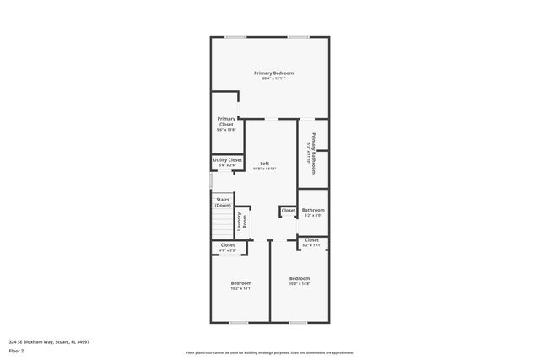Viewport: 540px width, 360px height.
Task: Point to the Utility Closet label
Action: pos(228,159)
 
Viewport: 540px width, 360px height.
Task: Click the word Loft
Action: pos(264,163)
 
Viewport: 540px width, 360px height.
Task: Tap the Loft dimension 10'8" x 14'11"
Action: pos(264,169)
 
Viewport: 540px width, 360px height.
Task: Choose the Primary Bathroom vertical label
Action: pos(313,148)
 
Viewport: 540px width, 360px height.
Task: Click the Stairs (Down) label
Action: pos(223,203)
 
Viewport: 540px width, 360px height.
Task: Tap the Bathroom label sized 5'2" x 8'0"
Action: pos(313,210)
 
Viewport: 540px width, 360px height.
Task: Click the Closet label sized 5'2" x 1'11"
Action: pos(312,240)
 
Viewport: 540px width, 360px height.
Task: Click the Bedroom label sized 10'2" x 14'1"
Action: pos(241,282)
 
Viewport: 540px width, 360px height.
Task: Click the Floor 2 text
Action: pos(16,350)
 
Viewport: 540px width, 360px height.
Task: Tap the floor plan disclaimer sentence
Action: pos(270,352)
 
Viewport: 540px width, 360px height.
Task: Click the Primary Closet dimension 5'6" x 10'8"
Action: pos(226,130)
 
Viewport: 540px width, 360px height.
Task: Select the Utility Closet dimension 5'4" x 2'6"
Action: pos(228,165)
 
